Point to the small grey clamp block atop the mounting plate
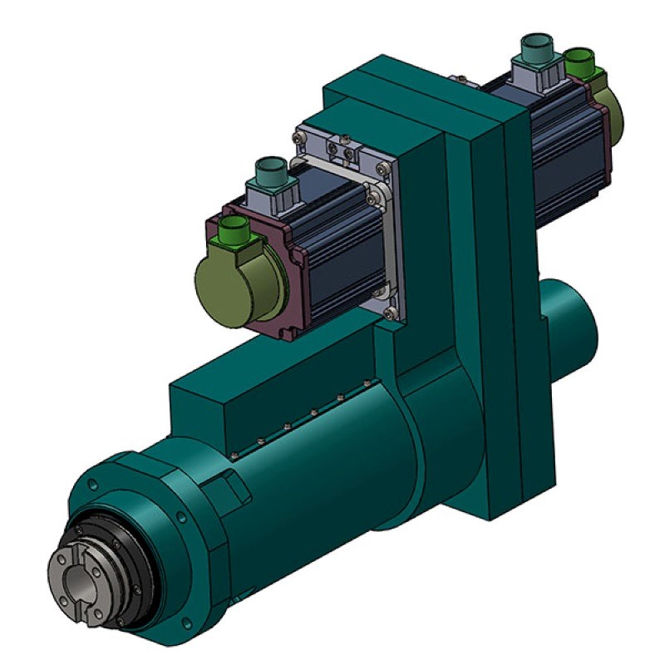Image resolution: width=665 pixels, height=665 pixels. [342, 149]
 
